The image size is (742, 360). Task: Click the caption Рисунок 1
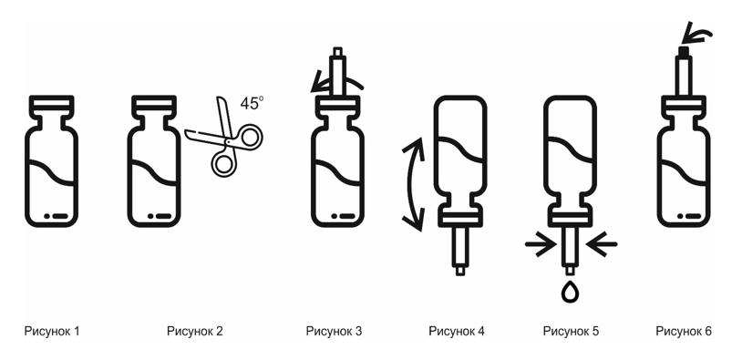pos(52,331)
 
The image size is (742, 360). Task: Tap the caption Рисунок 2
pos(194,331)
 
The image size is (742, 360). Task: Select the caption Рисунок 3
pos(334,331)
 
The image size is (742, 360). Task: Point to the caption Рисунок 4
pos(457,331)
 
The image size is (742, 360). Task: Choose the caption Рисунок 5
pos(571,331)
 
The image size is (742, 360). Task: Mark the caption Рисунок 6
pos(684,331)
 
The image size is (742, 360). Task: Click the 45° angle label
pos(251,103)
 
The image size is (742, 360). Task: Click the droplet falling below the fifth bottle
pos(570,293)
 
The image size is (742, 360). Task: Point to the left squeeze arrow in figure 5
pos(541,244)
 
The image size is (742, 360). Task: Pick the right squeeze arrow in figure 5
pos(602,244)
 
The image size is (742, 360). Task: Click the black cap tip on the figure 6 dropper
pos(684,51)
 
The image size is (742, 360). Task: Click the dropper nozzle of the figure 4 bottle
pos(459,251)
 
